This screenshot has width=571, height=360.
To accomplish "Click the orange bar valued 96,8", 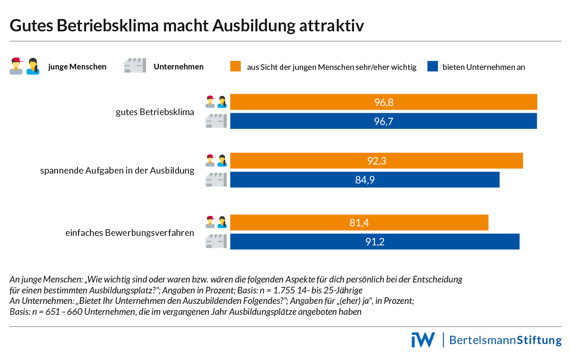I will coord(384,102).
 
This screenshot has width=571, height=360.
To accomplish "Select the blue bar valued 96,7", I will coord(384,121).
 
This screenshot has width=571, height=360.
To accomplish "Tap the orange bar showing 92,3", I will coord(376,161).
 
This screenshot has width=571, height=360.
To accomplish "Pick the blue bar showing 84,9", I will coord(365,180).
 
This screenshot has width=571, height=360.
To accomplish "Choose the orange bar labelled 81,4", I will coord(359,223).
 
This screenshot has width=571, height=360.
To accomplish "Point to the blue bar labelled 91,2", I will coord(375,242).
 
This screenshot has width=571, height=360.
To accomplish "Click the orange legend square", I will coord(236,67).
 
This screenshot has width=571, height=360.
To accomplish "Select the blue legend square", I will coord(432,67).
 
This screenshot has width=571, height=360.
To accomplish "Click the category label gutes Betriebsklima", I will coord(155,112).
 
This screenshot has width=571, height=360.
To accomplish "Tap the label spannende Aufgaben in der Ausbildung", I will coord(117,170).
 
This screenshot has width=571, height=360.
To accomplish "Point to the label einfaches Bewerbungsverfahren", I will coord(130,233).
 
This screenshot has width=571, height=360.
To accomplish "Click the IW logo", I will coord(423,340).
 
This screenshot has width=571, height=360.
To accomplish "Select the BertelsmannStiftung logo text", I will coord(505,341).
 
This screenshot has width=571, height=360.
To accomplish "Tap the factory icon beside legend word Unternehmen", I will coord(135,66).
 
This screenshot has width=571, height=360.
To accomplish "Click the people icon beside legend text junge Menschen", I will coord(24,66).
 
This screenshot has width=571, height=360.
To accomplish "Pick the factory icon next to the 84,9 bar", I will coord(216,180).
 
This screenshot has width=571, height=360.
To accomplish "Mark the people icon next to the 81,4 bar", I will coord(216,222).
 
